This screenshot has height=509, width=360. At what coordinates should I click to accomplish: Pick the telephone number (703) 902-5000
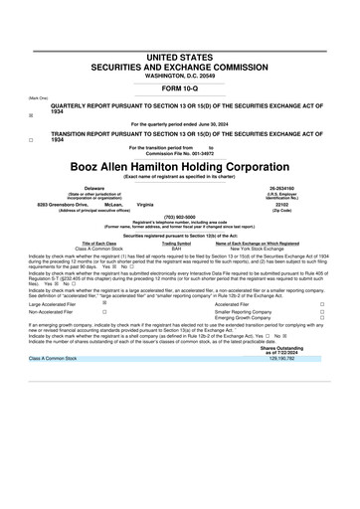click(x=179, y=216)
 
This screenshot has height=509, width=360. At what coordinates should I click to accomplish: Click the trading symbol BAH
click(x=176, y=249)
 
